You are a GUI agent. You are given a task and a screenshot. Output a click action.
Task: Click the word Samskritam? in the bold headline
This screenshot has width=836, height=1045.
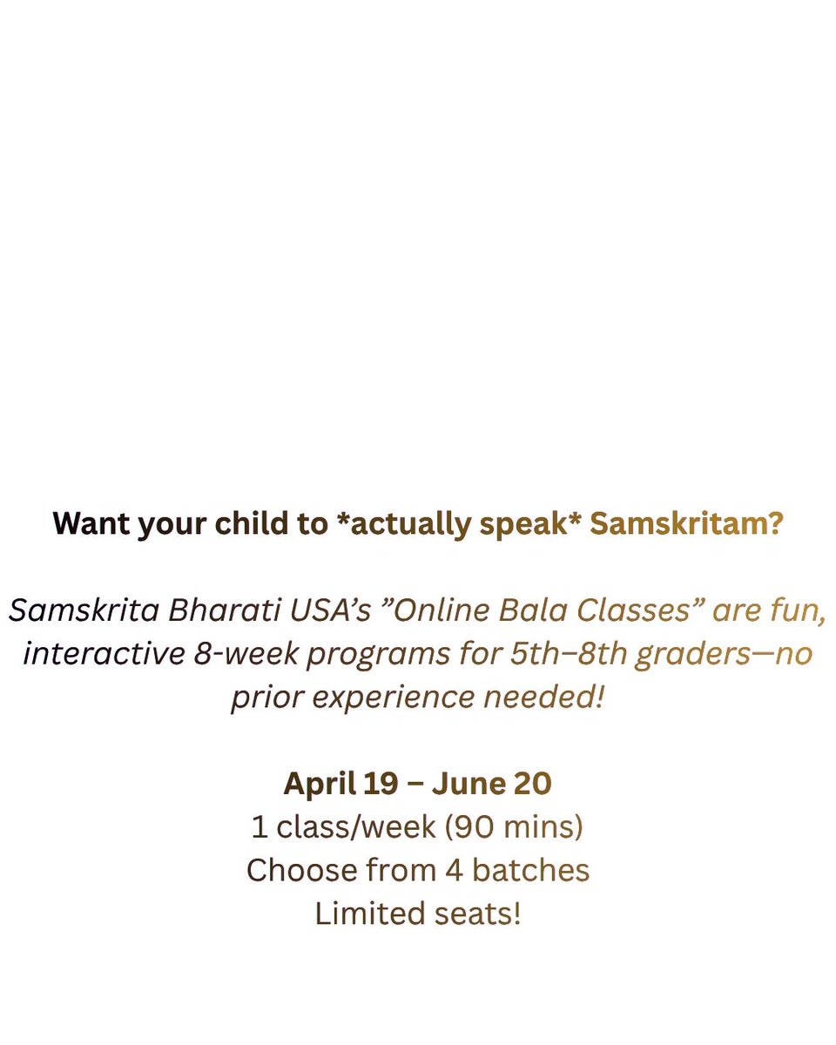coord(686,523)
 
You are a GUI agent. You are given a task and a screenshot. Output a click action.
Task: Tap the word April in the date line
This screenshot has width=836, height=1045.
coord(318,784)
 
